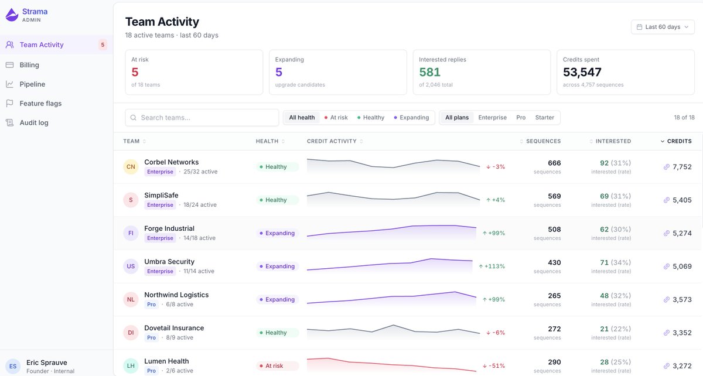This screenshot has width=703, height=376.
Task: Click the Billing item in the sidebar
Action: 29,65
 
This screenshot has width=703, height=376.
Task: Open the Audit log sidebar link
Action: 34,123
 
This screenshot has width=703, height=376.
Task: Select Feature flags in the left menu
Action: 40,103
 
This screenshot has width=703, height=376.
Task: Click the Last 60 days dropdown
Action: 663,27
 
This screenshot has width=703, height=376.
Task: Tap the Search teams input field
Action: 202,118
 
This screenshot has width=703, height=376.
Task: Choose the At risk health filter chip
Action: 336,118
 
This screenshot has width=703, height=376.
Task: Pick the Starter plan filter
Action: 544,118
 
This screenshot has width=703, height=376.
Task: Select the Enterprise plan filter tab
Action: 492,118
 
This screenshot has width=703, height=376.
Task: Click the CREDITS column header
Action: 676,141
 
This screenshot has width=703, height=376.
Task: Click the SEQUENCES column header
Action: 540,141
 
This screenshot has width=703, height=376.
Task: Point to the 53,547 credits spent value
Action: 582,72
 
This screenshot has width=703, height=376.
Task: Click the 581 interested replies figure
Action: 429,72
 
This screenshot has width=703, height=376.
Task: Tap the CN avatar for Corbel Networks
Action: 131,167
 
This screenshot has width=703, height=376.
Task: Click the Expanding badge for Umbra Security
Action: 278,266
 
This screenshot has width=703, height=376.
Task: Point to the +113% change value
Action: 492,266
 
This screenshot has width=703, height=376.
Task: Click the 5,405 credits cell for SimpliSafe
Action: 682,200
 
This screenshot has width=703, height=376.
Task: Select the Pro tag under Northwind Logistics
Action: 151,305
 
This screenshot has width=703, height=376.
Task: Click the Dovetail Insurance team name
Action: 174,328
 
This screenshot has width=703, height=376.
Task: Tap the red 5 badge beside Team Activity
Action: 103,45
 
